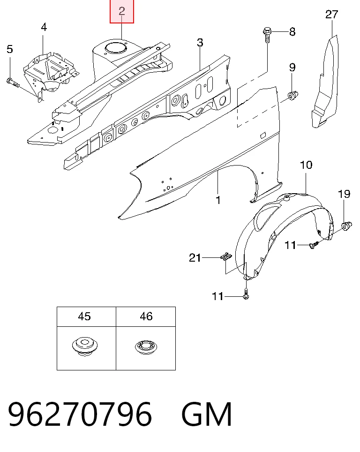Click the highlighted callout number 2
[x=121, y=11]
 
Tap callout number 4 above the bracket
[x=44, y=27]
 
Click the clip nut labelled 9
[x=293, y=95]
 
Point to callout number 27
[x=331, y=15]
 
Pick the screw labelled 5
[x=13, y=83]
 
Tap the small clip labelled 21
[x=226, y=256]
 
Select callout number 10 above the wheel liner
[x=306, y=165]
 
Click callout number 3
[x=200, y=43]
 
